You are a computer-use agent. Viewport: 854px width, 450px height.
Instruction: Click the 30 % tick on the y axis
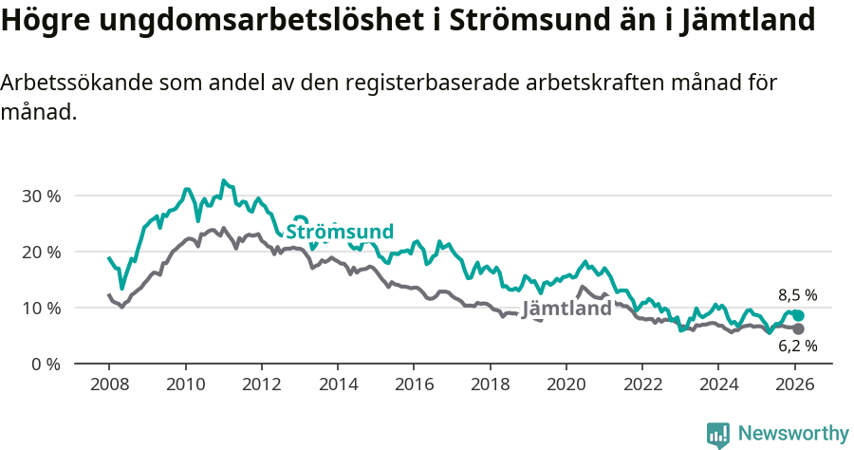coord(41,197)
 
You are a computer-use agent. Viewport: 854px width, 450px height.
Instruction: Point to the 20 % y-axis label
coord(41,253)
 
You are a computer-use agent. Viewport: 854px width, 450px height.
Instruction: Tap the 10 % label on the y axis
coord(41,309)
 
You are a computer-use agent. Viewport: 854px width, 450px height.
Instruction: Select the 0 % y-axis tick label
coord(46,365)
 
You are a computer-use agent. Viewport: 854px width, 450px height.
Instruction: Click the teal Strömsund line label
coord(340,232)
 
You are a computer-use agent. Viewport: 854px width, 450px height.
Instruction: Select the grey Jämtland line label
coord(566,309)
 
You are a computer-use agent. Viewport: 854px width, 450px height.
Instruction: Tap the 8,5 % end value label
coord(797,295)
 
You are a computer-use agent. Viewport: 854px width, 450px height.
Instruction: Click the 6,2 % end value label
coord(797,347)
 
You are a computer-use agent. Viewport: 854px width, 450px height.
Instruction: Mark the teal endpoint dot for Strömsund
coord(798,316)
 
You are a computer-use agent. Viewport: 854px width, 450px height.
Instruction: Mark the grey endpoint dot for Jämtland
coord(798,328)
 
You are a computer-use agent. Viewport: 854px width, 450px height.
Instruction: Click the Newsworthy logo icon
coord(718,435)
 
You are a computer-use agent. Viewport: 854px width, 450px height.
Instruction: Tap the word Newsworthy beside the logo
coord(792,434)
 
